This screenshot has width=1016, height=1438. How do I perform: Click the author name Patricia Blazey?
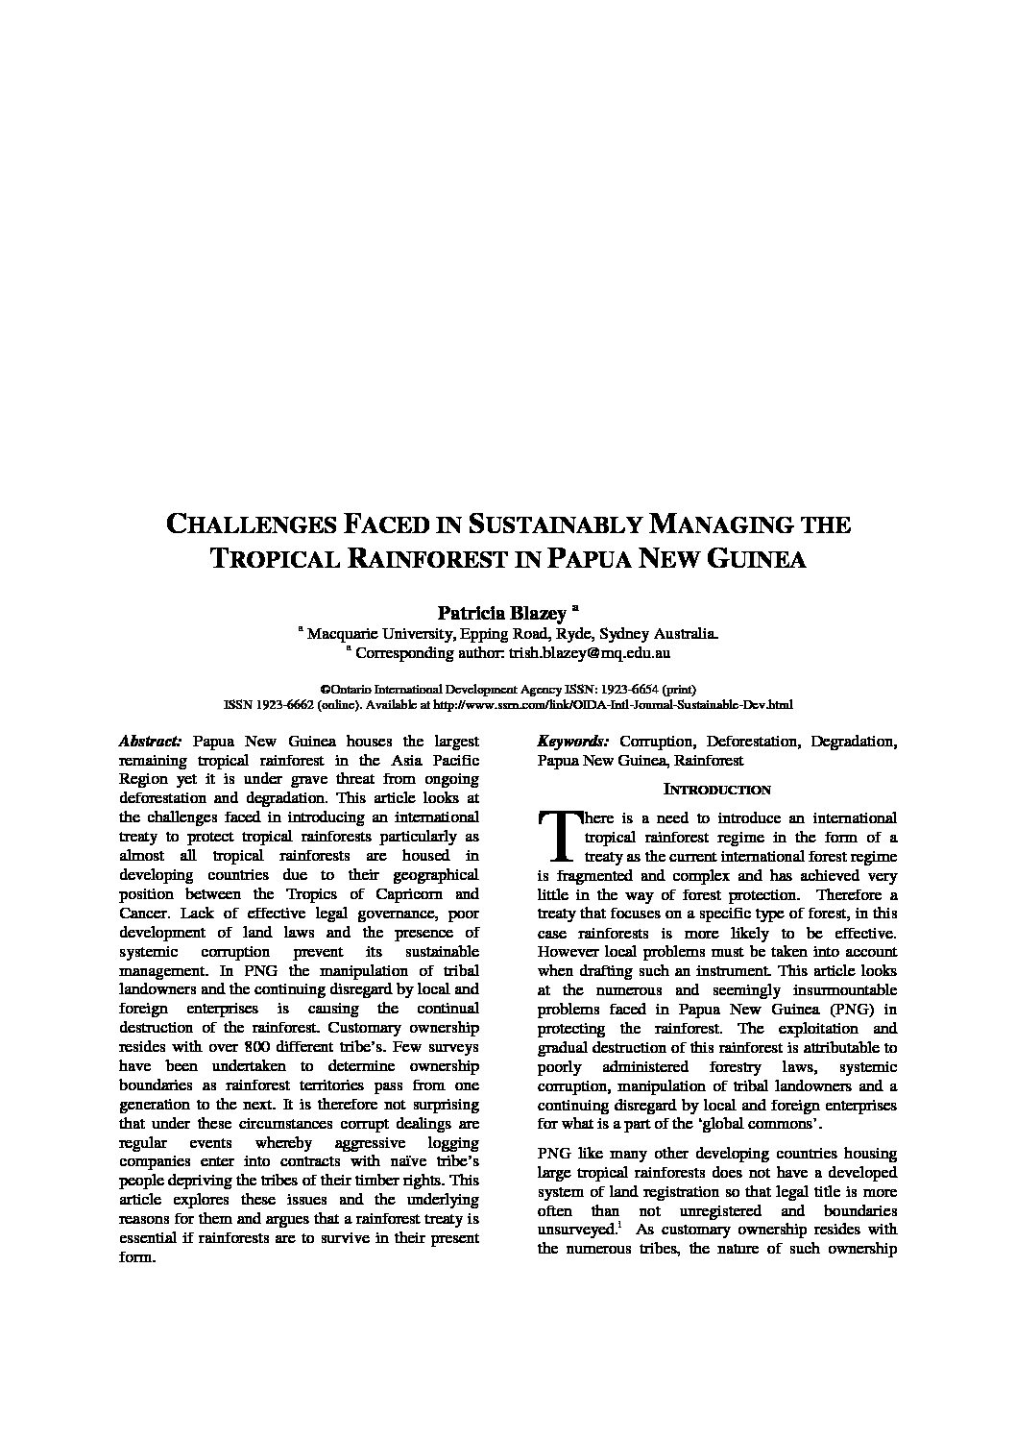click(x=502, y=612)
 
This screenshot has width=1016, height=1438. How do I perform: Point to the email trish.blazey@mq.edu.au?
click(x=589, y=653)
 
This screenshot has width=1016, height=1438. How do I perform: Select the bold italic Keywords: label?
click(x=573, y=742)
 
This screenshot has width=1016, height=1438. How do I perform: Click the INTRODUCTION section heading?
click(x=717, y=790)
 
